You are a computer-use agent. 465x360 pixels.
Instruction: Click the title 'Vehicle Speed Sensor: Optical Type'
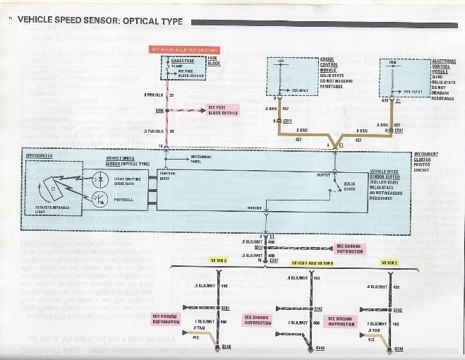point(99,22)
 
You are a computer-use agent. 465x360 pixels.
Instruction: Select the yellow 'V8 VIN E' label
point(389,262)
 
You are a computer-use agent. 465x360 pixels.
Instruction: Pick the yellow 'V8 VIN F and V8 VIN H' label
point(312,262)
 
